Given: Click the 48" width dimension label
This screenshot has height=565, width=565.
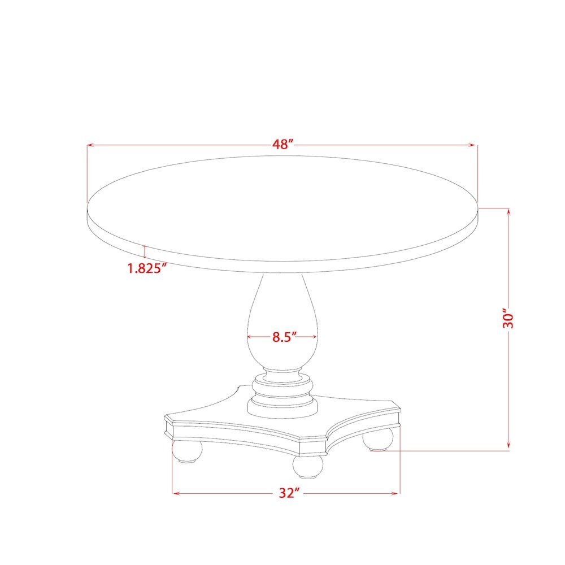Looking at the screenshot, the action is click(x=283, y=144).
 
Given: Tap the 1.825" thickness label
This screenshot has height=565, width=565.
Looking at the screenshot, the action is click(x=147, y=268).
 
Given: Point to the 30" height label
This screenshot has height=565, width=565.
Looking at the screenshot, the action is click(x=508, y=318).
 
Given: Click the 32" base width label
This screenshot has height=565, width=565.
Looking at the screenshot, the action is click(x=289, y=493).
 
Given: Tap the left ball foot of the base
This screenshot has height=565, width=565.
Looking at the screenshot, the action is click(x=187, y=450).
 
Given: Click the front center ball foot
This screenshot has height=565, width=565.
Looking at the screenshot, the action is click(x=308, y=467).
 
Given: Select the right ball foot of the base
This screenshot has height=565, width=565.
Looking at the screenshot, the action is click(x=378, y=439).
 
